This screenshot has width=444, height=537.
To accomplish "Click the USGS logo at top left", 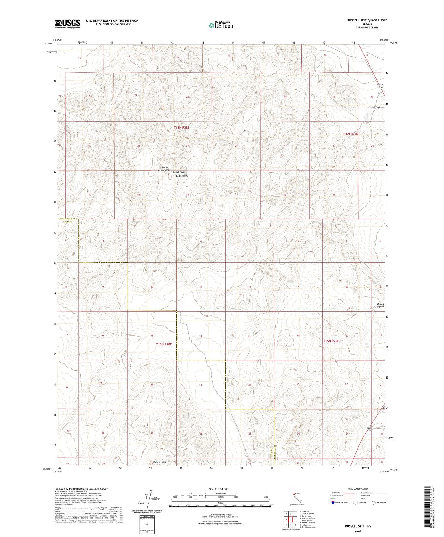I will click(67, 24).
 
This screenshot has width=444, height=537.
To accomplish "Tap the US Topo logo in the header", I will click(221, 25).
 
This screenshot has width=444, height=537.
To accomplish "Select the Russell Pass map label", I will click(380, 86).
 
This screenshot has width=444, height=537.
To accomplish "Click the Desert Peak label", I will click(178, 172).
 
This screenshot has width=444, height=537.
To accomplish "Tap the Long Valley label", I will click(182, 176).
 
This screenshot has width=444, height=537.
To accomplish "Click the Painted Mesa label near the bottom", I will click(160, 462).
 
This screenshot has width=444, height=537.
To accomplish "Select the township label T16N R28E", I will click(181, 127).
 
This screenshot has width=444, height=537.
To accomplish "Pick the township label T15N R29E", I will click(331, 341).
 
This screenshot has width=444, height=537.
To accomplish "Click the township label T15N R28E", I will click(164, 344).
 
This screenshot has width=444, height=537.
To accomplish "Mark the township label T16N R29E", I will click(350, 134).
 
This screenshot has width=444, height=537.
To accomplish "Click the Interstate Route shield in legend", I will click(334, 502).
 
